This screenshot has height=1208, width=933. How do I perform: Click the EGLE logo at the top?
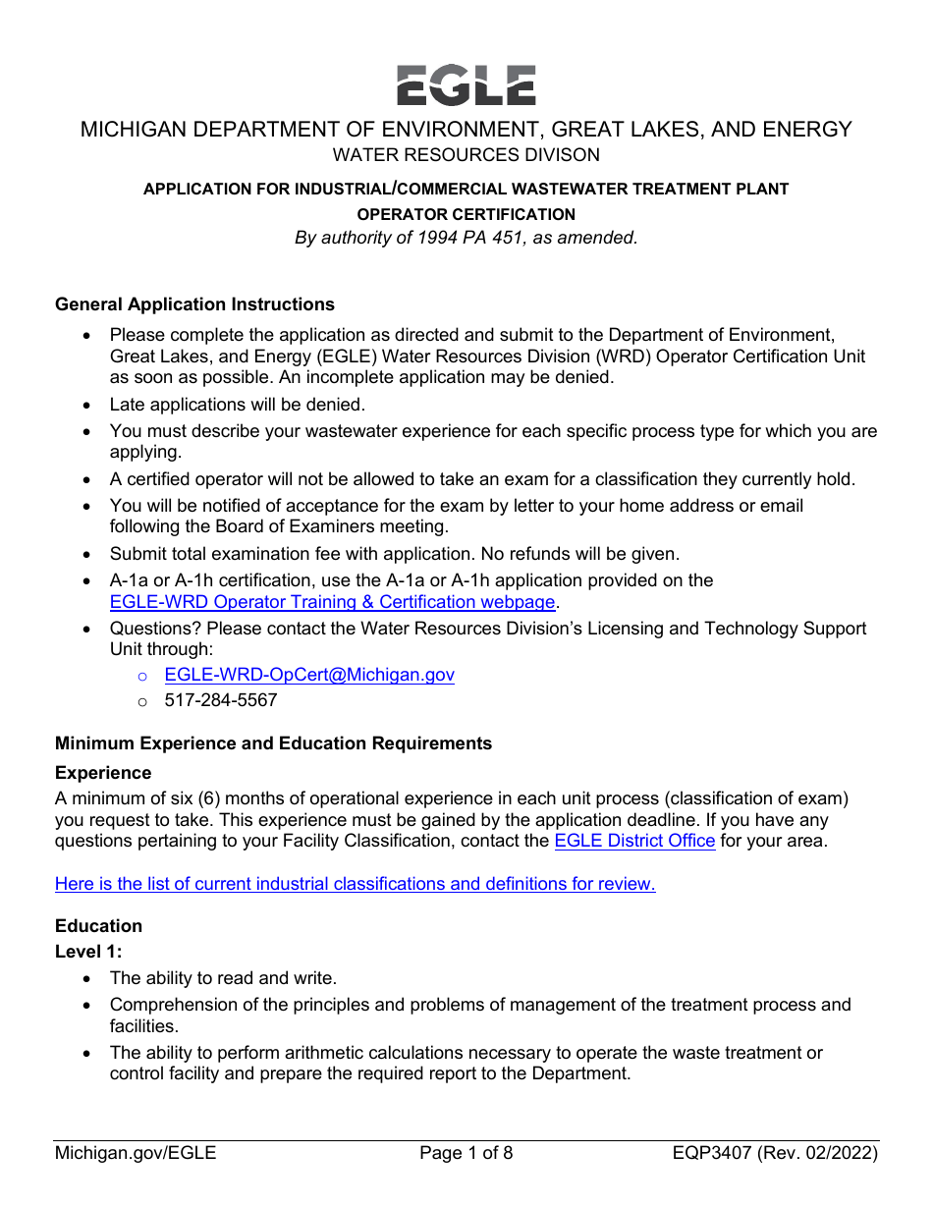[466, 85]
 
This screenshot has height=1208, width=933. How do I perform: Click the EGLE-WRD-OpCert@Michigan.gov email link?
[309, 675]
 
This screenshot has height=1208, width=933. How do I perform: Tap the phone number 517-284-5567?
[221, 700]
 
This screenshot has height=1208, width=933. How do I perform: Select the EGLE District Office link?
[634, 841]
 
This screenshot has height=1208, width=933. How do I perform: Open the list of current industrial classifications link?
[355, 884]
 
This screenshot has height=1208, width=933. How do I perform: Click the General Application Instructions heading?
[194, 304]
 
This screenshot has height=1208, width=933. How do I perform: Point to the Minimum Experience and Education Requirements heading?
[273, 743]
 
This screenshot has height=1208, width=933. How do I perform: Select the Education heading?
[98, 926]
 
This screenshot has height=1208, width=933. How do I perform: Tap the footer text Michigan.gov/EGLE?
[136, 1153]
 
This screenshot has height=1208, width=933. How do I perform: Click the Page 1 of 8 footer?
[466, 1153]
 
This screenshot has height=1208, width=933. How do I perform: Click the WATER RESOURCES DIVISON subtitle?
[466, 155]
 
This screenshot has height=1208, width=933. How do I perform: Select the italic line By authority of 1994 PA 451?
[466, 238]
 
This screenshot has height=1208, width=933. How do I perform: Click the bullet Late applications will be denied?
[237, 405]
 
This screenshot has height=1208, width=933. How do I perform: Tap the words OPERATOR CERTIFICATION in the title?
[466, 214]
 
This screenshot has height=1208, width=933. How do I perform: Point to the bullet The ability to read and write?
[223, 978]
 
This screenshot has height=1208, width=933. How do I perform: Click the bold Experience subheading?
[103, 773]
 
